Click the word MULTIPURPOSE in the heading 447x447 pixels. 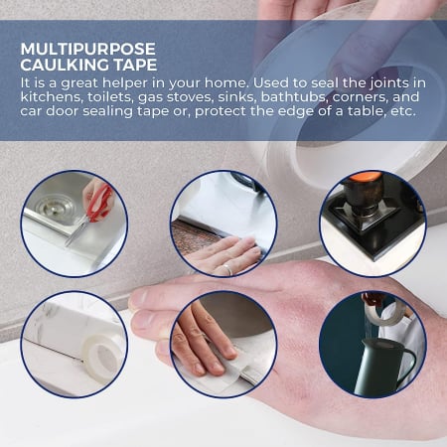click(87, 49)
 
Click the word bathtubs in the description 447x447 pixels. click(295, 97)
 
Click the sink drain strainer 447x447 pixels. click(56, 206)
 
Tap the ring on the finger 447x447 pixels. click(227, 270)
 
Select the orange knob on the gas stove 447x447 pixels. click(368, 176)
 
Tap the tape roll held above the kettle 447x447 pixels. click(385, 311)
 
